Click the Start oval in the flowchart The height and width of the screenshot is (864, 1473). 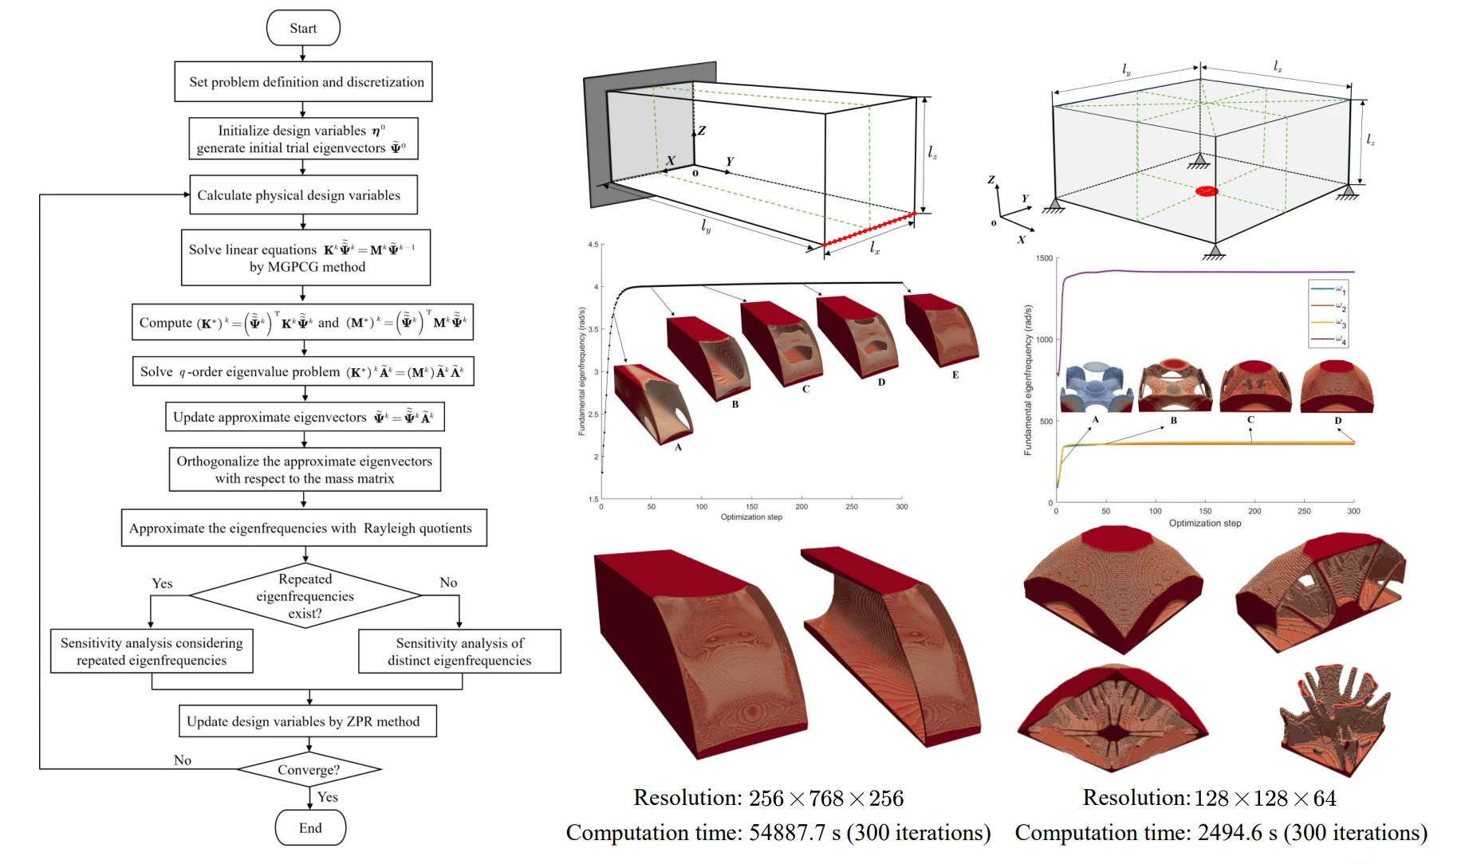click(303, 28)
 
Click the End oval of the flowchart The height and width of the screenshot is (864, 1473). click(310, 827)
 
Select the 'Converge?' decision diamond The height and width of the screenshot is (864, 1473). click(309, 769)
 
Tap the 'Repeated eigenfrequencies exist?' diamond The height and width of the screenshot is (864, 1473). click(305, 596)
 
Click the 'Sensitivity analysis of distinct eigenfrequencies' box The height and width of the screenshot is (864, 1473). click(459, 651)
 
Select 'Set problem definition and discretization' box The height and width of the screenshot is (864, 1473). click(303, 81)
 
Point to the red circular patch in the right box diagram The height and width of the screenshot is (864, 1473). click(1207, 191)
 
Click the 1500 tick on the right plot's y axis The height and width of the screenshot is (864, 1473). click(1043, 258)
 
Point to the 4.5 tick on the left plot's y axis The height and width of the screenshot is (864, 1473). click(593, 245)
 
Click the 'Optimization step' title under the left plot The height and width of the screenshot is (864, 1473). click(751, 517)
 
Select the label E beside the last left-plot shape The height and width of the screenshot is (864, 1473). click(955, 375)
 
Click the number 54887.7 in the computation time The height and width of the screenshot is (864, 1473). click(786, 833)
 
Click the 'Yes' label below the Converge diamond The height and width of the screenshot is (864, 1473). click(327, 797)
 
